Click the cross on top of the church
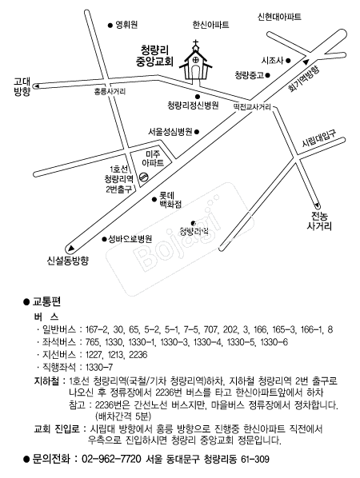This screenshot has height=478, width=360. pyautogui.click(x=196, y=42)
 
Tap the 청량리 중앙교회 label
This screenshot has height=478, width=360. pyautogui.click(x=154, y=55)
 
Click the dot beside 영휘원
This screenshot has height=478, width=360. pyautogui.click(x=110, y=26)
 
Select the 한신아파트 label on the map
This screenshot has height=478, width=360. pyautogui.click(x=211, y=25)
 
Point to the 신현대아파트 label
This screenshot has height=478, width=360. pyautogui.click(x=279, y=17)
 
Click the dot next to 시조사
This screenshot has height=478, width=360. pyautogui.click(x=288, y=61)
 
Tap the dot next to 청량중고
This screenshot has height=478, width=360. pyautogui.click(x=267, y=75)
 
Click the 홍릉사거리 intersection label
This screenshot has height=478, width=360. pyautogui.click(x=110, y=91)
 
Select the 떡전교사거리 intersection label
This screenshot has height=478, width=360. pyautogui.click(x=252, y=106)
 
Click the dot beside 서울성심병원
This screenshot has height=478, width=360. pyautogui.click(x=197, y=132)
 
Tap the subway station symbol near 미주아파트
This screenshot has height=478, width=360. pyautogui.click(x=143, y=177)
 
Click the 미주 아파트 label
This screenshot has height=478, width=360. pyautogui.click(x=153, y=158)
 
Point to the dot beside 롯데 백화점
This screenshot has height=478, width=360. pyautogui.click(x=154, y=199)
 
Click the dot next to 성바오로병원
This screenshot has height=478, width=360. pyautogui.click(x=104, y=239)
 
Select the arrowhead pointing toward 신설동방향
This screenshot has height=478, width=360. pyautogui.click(x=70, y=248)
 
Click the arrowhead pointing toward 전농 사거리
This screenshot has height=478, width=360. pyautogui.click(x=317, y=205)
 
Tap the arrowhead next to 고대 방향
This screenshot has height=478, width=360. pyautogui.click(x=37, y=86)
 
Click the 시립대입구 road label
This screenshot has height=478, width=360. pyautogui.click(x=319, y=139)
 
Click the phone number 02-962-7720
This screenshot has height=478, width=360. pyautogui.click(x=112, y=459)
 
